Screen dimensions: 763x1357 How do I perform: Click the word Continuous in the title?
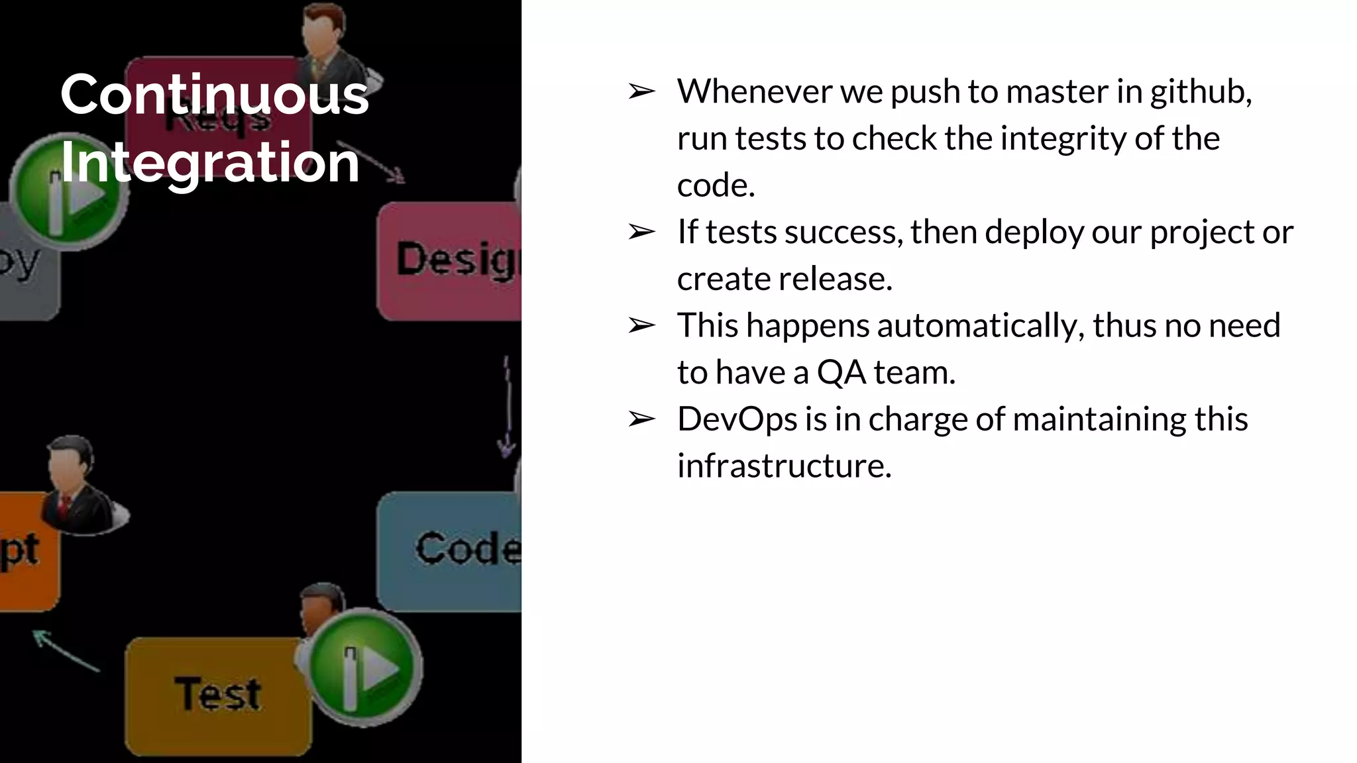[214, 95]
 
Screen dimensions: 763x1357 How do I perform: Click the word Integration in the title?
[209, 162]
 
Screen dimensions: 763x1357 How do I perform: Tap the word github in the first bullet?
[1200, 92]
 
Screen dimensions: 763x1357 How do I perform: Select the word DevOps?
[737, 420]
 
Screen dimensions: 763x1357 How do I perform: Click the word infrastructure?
[784, 466]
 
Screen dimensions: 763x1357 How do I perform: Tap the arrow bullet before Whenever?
[641, 91]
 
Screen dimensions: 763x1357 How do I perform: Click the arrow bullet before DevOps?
[641, 419]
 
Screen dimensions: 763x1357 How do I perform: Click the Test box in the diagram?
[217, 695]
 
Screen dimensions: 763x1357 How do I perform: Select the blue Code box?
[451, 551]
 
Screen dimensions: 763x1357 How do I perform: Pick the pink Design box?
[451, 261]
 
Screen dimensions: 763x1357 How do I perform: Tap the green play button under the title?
[70, 192]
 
